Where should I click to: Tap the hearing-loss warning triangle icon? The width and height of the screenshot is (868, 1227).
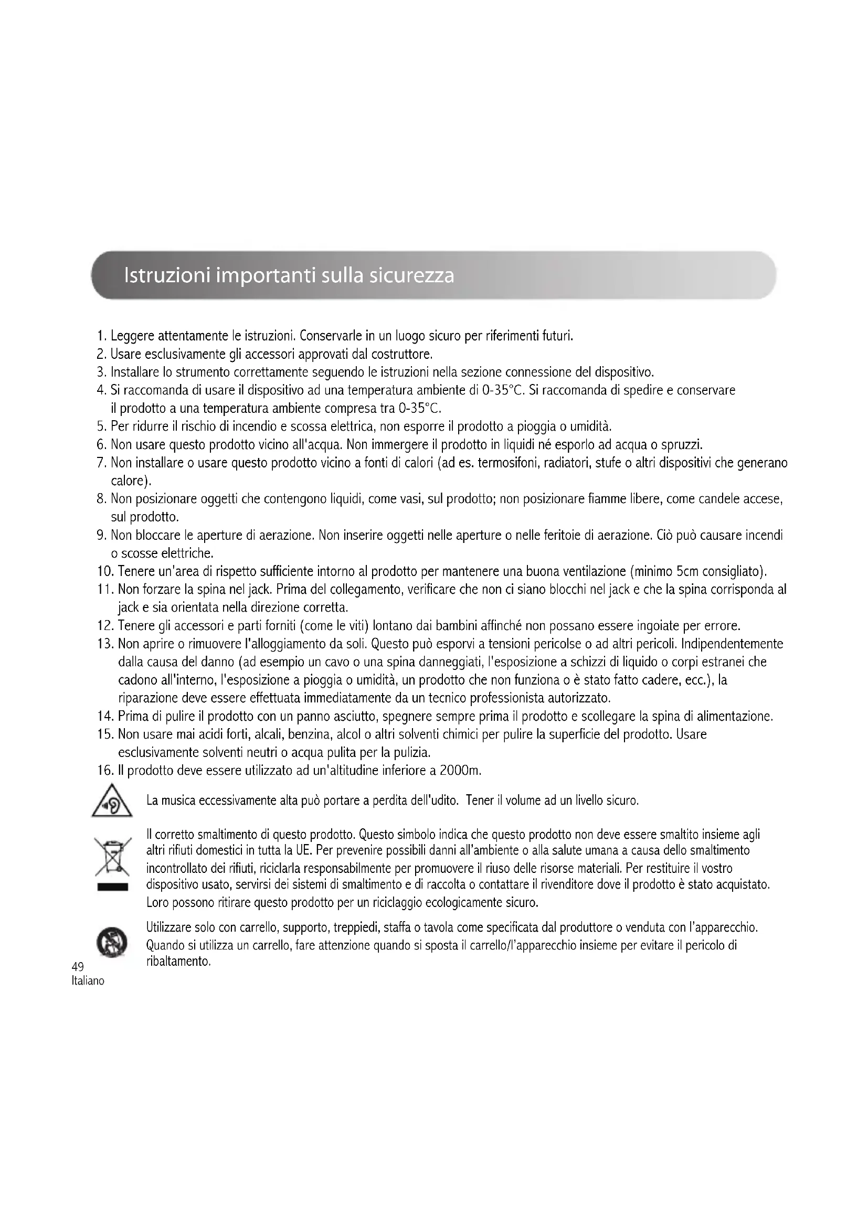(112, 801)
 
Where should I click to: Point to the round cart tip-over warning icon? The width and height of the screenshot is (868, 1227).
(112, 944)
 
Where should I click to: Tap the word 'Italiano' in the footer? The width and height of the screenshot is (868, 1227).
(88, 981)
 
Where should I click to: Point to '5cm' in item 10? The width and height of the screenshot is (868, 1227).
(687, 572)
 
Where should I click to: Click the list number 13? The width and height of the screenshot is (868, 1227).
(104, 644)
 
